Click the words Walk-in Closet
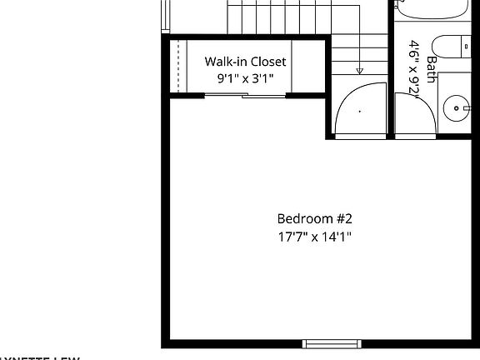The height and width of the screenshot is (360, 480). pyautogui.click(x=246, y=62)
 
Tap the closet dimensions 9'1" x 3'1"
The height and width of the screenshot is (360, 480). pyautogui.click(x=246, y=79)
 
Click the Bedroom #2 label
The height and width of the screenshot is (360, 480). pyautogui.click(x=315, y=219)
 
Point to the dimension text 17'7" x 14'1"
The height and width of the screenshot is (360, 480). pyautogui.click(x=315, y=237)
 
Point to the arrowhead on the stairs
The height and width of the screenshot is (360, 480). pyautogui.click(x=359, y=71)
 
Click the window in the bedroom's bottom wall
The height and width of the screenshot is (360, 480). pyautogui.click(x=332, y=343)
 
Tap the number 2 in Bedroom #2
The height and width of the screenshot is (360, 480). pyautogui.click(x=349, y=219)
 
